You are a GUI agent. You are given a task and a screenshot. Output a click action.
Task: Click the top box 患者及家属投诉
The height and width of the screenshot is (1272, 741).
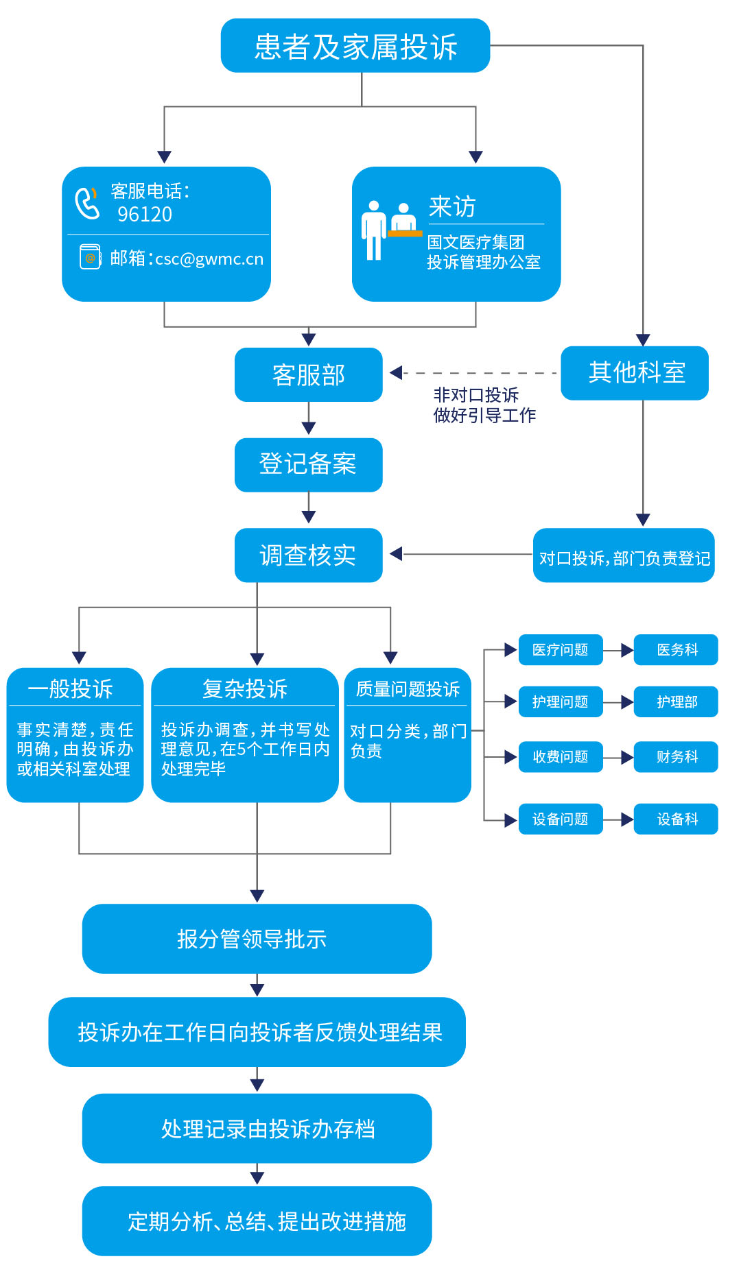pos(355,46)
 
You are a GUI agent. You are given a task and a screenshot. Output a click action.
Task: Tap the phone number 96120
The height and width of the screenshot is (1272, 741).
pos(145,215)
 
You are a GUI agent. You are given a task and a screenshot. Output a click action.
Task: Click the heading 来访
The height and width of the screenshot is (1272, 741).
pos(452,206)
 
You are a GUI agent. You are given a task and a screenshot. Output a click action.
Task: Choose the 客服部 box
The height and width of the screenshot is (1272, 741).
pos(308,375)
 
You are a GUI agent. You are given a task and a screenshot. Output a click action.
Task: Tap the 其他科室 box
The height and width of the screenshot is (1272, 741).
pos(635,373)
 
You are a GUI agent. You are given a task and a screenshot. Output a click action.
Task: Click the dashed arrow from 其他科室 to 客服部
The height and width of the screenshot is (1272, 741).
pos(473,373)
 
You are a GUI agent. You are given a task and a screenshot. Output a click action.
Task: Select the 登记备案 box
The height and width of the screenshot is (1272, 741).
pos(308,465)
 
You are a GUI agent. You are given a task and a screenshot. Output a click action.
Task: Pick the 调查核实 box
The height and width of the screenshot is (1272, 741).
pos(308,555)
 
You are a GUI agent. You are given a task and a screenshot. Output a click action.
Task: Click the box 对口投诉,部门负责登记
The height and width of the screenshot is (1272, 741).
pos(624,556)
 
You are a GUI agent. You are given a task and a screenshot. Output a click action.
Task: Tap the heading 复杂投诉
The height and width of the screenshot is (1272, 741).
pos(245,689)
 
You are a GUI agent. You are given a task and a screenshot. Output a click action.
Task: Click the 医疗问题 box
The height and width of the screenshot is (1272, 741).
pos(561,650)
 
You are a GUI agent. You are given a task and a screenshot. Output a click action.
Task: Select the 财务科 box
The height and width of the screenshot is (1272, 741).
pos(677,757)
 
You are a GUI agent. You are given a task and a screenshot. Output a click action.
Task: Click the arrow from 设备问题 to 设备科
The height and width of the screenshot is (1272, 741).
pos(619,819)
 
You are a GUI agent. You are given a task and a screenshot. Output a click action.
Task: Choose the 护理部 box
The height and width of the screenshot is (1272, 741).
pos(677,702)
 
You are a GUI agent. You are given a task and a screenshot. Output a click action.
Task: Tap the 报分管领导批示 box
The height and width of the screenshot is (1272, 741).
pos(257,939)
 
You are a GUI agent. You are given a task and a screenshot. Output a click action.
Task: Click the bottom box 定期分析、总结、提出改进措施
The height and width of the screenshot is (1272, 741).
pos(257,1221)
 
